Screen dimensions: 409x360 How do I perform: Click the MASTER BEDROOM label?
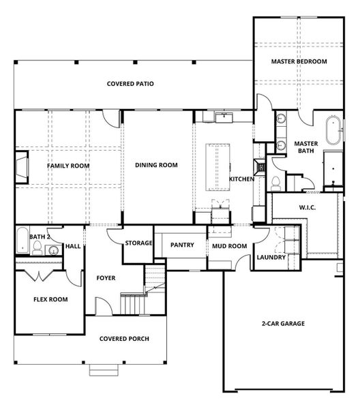(x=299, y=61)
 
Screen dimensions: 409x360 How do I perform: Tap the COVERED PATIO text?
(x=130, y=84)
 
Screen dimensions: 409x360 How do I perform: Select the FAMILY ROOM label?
(x=68, y=166)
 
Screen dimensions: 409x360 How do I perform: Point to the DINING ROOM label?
(x=156, y=165)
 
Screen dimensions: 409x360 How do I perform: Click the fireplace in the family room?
(x=22, y=166)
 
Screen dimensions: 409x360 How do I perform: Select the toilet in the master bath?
(x=276, y=182)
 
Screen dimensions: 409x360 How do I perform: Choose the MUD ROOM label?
(x=228, y=245)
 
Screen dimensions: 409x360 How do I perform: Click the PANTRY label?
(x=182, y=245)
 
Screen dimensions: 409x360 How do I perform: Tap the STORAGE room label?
(x=138, y=243)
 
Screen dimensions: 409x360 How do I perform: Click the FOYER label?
(x=106, y=278)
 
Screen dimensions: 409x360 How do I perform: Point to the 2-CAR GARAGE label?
(x=283, y=323)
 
